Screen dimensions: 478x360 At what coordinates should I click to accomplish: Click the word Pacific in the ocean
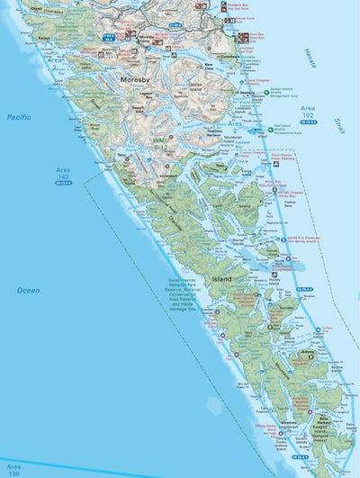[x=19, y=117]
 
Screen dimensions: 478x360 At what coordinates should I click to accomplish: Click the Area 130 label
[x=12, y=469]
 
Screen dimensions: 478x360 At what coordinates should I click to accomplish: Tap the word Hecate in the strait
[x=311, y=54]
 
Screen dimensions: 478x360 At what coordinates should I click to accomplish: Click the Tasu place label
[x=120, y=154]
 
